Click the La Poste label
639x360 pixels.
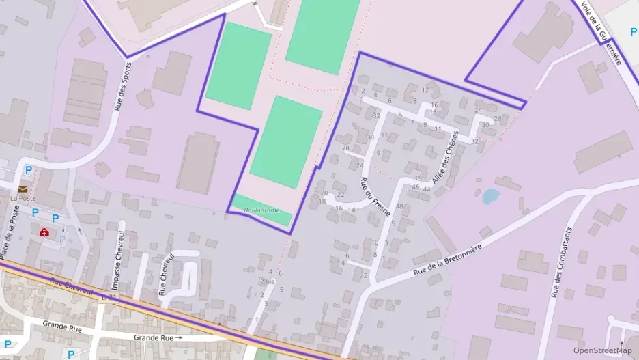tap(23, 199)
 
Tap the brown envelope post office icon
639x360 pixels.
tap(23, 189)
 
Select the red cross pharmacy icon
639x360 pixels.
tap(45, 232)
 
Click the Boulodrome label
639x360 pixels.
tap(261, 210)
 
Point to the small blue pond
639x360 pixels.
tap(490, 197)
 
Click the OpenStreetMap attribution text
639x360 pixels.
tap(602, 350)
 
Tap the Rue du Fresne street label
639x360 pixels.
tap(375, 196)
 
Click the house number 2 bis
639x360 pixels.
tap(267, 281)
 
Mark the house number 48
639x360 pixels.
tap(399, 206)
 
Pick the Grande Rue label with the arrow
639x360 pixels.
tap(158, 337)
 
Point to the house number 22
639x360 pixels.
tap(340, 195)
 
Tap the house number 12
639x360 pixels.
tap(425, 89)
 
